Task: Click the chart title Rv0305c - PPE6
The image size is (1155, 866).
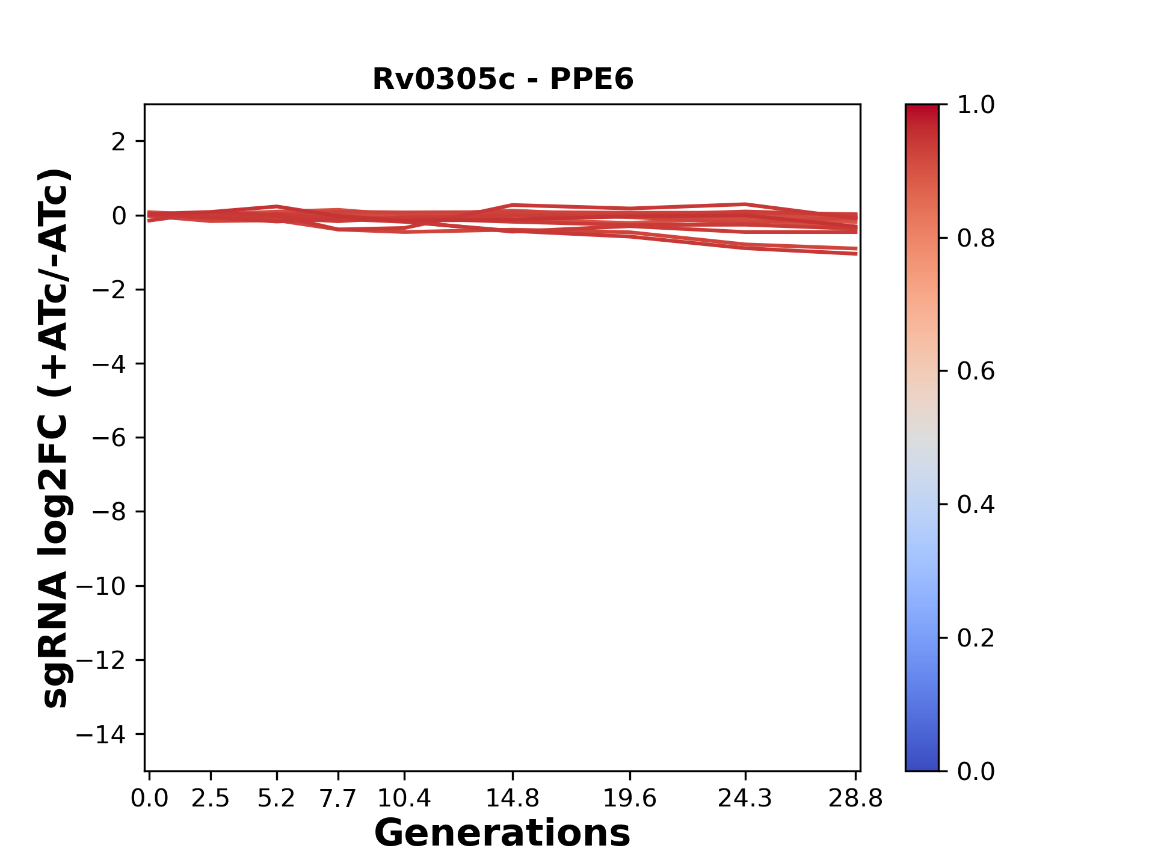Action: (x=503, y=79)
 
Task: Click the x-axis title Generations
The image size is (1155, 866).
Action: (x=502, y=834)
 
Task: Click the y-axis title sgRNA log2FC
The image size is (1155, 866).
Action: (x=55, y=438)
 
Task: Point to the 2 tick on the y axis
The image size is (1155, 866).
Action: (x=119, y=142)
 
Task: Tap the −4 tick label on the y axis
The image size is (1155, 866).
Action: (x=109, y=364)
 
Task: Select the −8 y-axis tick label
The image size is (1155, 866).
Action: (x=109, y=512)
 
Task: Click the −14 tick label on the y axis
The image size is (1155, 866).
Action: (x=101, y=735)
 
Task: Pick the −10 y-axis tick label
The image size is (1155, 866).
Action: (x=101, y=586)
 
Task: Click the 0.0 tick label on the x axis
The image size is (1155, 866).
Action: (x=149, y=799)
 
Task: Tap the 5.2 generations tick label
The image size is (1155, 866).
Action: (x=276, y=799)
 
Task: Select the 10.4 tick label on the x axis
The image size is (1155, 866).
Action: (x=404, y=799)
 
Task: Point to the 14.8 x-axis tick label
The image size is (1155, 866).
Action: (x=512, y=799)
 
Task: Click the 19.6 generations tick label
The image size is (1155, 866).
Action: (x=629, y=799)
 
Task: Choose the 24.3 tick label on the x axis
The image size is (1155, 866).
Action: (x=745, y=799)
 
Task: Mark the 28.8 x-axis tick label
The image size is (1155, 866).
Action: (x=855, y=799)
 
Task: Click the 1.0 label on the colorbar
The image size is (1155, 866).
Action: (x=976, y=105)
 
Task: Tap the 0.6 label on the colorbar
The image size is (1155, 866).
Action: (x=976, y=372)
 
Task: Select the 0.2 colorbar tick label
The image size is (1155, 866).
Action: (x=976, y=638)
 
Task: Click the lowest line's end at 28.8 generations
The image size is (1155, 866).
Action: (x=856, y=254)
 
